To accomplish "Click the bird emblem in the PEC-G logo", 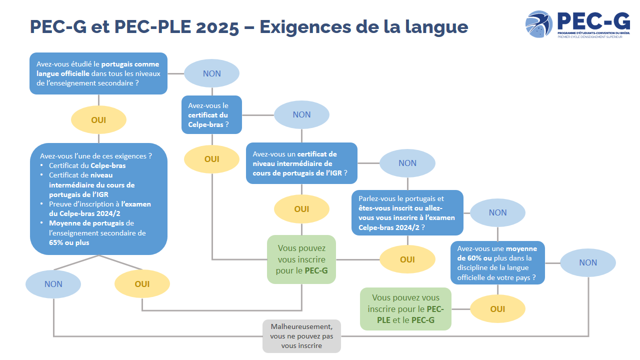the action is [539, 24].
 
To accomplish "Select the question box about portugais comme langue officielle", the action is [98, 73].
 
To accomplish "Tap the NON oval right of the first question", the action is [212, 73].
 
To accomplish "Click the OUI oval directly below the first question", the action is [98, 120].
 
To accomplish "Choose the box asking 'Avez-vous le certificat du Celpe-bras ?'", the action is [211, 114].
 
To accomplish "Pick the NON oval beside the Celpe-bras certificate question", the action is [301, 114].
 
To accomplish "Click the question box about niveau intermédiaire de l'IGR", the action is [301, 163].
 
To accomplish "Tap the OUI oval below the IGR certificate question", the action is [301, 209].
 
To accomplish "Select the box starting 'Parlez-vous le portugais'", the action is [407, 212].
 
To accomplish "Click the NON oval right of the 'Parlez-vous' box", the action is [497, 212].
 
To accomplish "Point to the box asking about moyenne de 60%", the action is [497, 262].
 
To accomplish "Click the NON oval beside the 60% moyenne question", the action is [588, 262].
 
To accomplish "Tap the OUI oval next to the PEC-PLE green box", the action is [497, 309].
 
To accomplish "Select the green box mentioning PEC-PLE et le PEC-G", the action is [405, 309].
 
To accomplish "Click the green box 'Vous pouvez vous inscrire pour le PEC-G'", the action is [301, 259].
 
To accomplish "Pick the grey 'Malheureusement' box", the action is [301, 336].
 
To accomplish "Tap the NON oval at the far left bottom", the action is [53, 284].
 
